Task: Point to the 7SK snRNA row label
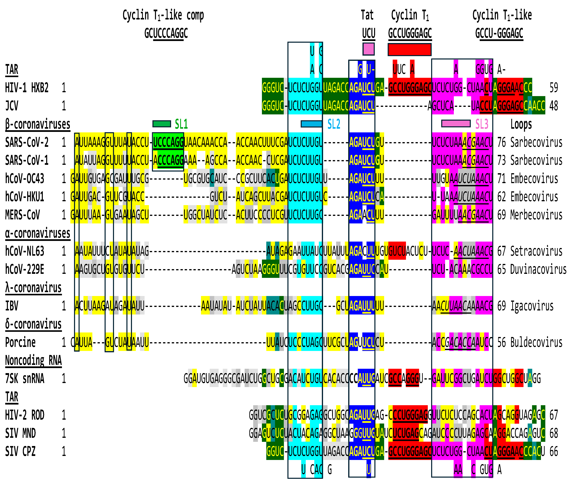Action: click(x=25, y=379)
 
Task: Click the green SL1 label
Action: click(x=181, y=124)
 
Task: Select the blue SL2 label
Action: click(x=334, y=124)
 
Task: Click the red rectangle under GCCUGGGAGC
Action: click(x=409, y=50)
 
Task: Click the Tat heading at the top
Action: click(x=367, y=15)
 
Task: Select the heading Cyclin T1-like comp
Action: click(x=163, y=16)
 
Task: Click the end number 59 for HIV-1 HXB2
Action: click(x=554, y=88)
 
